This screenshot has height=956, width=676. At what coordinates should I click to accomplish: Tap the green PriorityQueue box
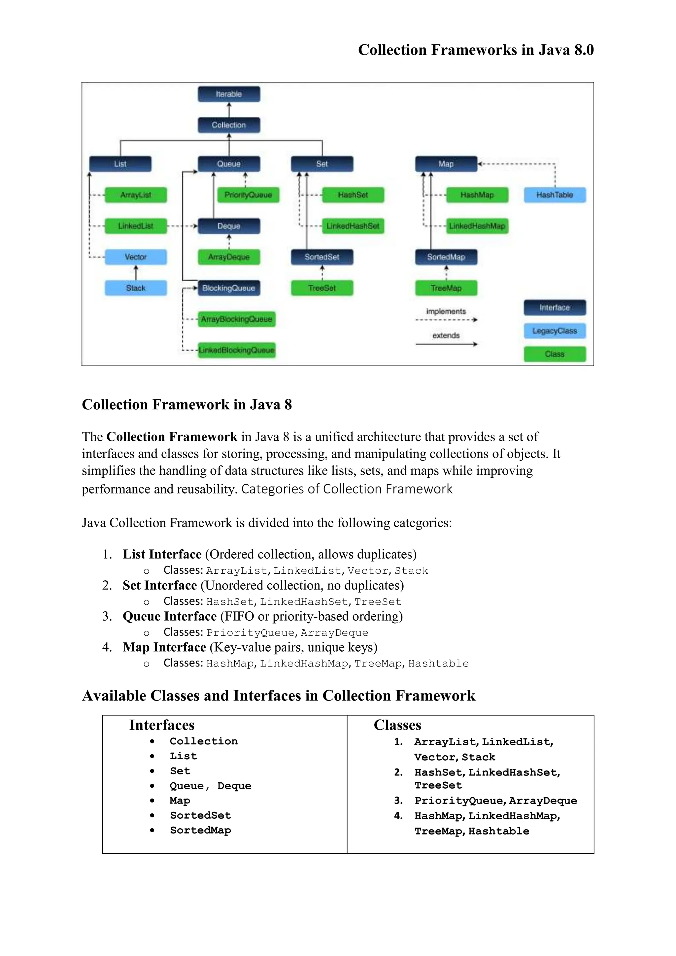pos(248,195)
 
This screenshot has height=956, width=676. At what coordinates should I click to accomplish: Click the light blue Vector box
pos(136,257)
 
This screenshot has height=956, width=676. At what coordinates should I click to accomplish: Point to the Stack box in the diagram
pos(136,288)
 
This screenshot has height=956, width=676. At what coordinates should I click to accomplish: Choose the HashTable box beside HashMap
pos(555,195)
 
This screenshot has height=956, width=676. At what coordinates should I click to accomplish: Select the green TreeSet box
pos(322,288)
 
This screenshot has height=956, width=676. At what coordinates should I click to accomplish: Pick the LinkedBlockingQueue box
pos(236,350)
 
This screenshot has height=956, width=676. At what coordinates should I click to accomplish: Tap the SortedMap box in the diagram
pos(446,257)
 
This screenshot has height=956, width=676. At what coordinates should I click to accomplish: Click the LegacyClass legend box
pos(555,331)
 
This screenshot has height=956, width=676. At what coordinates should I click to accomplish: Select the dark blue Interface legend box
pos(555,308)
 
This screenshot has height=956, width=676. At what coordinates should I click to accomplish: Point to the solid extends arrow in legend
pos(446,344)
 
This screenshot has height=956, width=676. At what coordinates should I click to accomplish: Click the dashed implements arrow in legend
pos(446,320)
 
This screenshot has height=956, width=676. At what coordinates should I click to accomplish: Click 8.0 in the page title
pos(584,50)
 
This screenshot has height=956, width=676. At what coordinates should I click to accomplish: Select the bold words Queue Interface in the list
pos(169,616)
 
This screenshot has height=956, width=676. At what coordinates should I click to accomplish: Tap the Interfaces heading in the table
pos(161,725)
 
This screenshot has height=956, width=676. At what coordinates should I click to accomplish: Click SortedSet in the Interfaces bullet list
pos(200,815)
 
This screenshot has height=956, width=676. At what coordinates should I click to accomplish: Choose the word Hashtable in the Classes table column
pos(499,831)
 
